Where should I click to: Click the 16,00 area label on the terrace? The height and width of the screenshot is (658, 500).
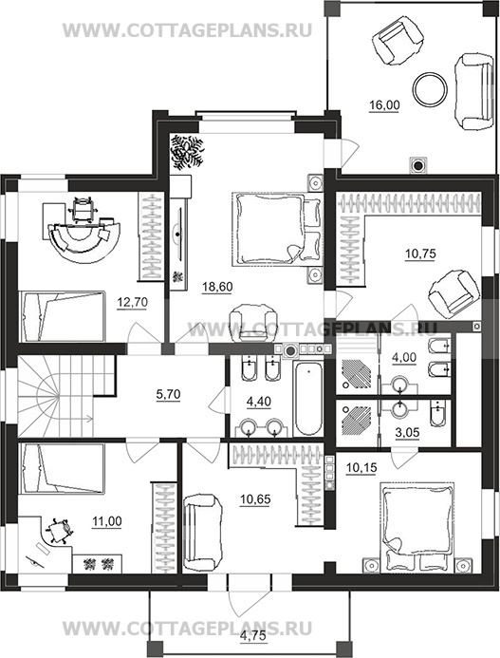384,104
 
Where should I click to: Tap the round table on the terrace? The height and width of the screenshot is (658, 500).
430,88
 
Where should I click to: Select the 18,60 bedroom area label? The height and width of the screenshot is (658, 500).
217,287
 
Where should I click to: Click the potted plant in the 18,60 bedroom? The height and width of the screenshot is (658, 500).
188,152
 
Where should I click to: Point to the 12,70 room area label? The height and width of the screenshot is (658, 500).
132,302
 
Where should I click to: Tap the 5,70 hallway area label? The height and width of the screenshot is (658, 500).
168,394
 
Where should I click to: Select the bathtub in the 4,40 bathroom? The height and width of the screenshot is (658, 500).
308,399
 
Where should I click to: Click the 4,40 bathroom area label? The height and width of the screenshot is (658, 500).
259,402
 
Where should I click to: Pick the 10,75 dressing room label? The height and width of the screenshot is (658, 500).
420,254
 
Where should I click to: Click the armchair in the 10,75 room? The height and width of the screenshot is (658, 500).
454,292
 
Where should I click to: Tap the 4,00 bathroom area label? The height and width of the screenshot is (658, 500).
404,358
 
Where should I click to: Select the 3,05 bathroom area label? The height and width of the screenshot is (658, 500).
407,432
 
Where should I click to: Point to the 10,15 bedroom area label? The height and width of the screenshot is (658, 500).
362,466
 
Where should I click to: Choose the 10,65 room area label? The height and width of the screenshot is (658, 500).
255,499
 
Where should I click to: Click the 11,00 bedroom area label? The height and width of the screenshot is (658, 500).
107,521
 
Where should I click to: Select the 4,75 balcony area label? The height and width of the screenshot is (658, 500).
253,636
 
